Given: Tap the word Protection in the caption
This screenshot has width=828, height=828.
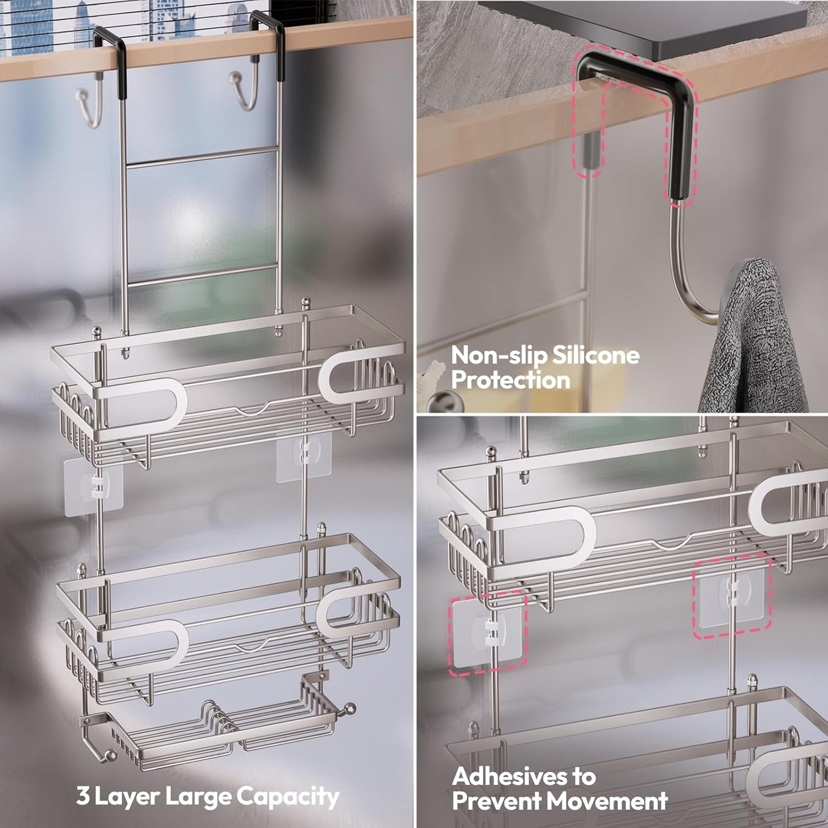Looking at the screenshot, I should pyautogui.click(x=511, y=380).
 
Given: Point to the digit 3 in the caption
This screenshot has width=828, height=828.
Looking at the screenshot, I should pyautogui.click(x=83, y=796).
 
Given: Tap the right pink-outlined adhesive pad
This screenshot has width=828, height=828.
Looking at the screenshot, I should pyautogui.click(x=732, y=597).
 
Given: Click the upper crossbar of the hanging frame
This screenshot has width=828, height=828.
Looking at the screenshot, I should pyautogui.click(x=202, y=157).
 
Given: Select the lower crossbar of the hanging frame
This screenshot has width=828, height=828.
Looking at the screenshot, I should pyautogui.click(x=202, y=276).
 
